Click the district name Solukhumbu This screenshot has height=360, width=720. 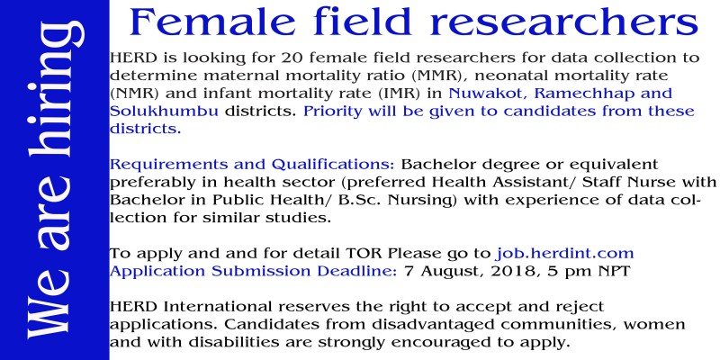pyautogui.click(x=164, y=111)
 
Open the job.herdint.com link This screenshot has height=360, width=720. pyautogui.click(x=565, y=254)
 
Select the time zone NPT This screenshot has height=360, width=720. pyautogui.click(x=614, y=272)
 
